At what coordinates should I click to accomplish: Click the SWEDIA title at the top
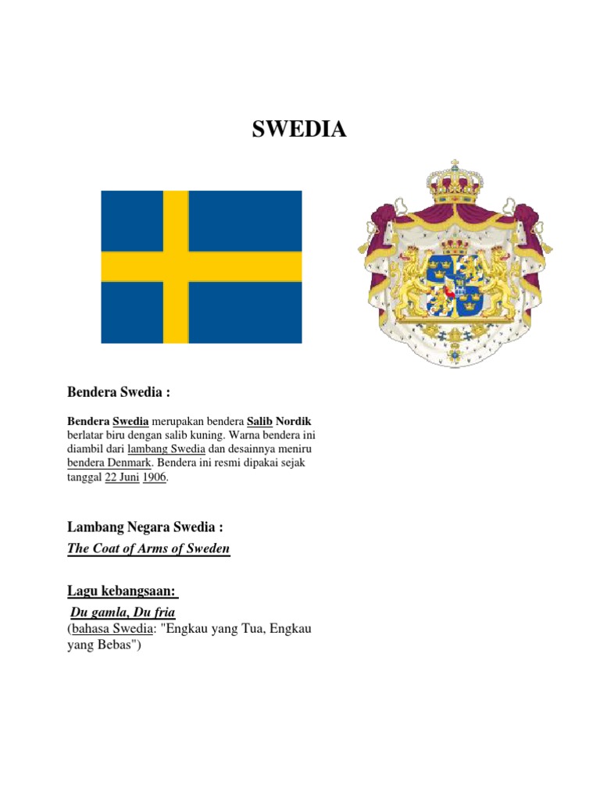tap(298, 130)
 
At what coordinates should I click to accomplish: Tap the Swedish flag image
tap(201, 266)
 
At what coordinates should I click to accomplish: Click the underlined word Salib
tap(259, 420)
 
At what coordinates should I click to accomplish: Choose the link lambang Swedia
tap(167, 449)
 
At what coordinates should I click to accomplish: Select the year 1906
tap(155, 478)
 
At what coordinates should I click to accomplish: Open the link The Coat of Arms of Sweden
tap(148, 548)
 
